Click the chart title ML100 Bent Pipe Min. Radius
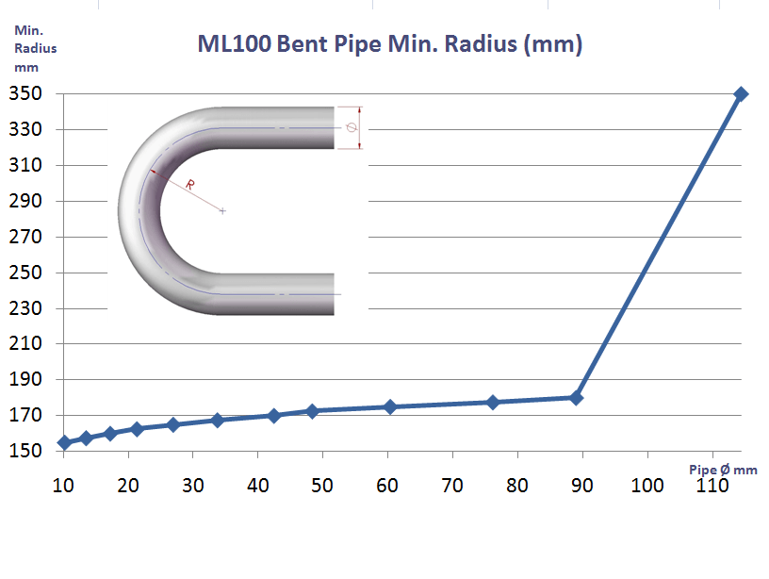pyautogui.click(x=389, y=44)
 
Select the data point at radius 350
pyautogui.click(x=741, y=93)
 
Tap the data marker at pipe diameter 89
pyautogui.click(x=576, y=397)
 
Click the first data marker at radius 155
pyautogui.click(x=64, y=442)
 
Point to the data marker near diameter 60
pyautogui.click(x=389, y=406)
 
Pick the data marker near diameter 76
pyautogui.click(x=493, y=402)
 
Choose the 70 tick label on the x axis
pyautogui.click(x=452, y=486)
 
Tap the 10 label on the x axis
pyautogui.click(x=62, y=486)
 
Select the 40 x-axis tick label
pyautogui.click(x=257, y=486)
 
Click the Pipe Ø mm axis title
pyautogui.click(x=722, y=469)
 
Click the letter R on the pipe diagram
pyautogui.click(x=189, y=185)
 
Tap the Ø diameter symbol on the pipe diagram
pyautogui.click(x=352, y=127)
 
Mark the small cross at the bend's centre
pyautogui.click(x=222, y=210)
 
